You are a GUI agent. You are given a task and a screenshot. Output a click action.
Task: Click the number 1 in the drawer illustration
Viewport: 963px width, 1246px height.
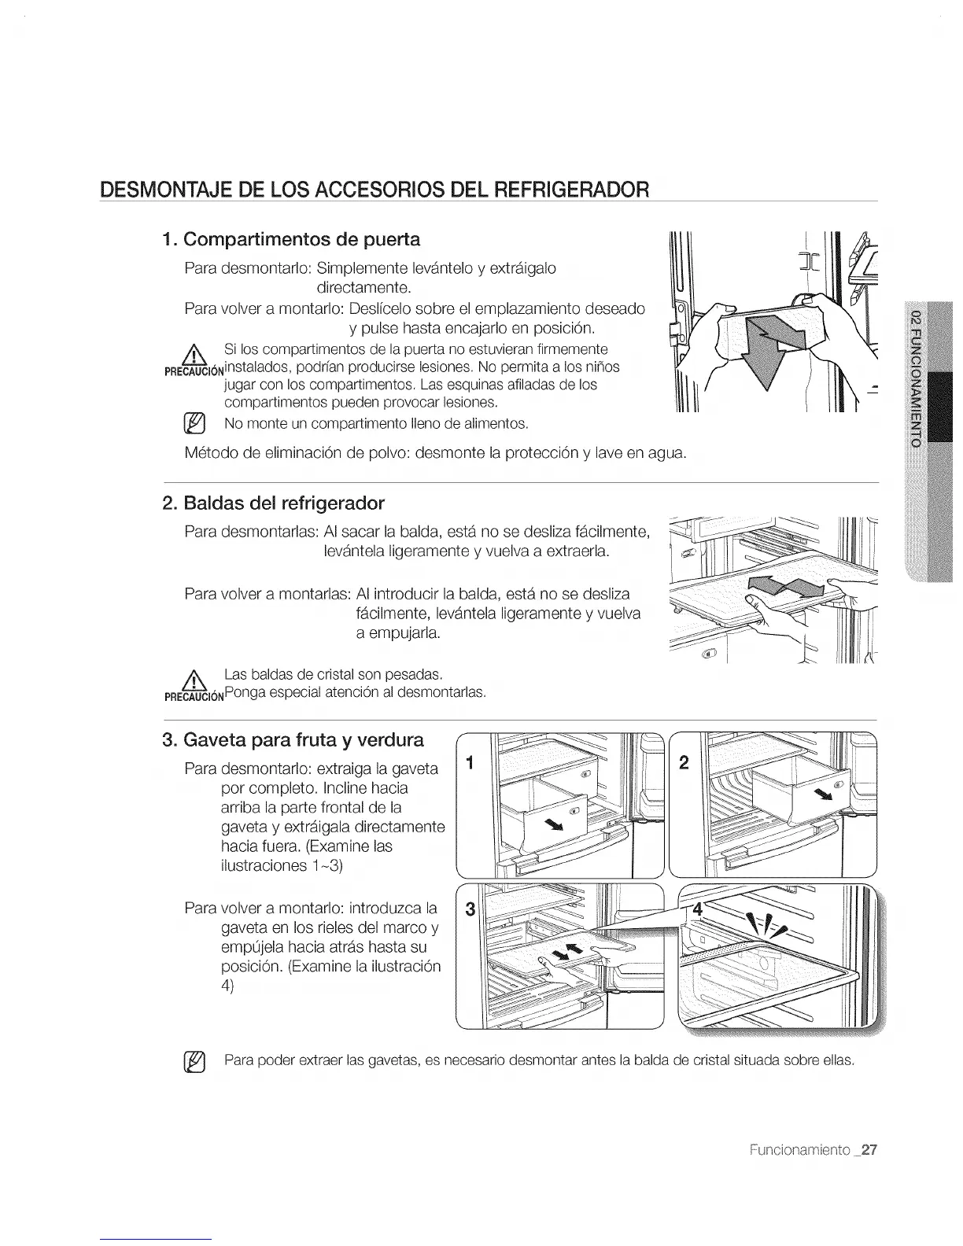[470, 762]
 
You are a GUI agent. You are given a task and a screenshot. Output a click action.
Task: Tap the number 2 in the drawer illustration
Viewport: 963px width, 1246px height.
[683, 762]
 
